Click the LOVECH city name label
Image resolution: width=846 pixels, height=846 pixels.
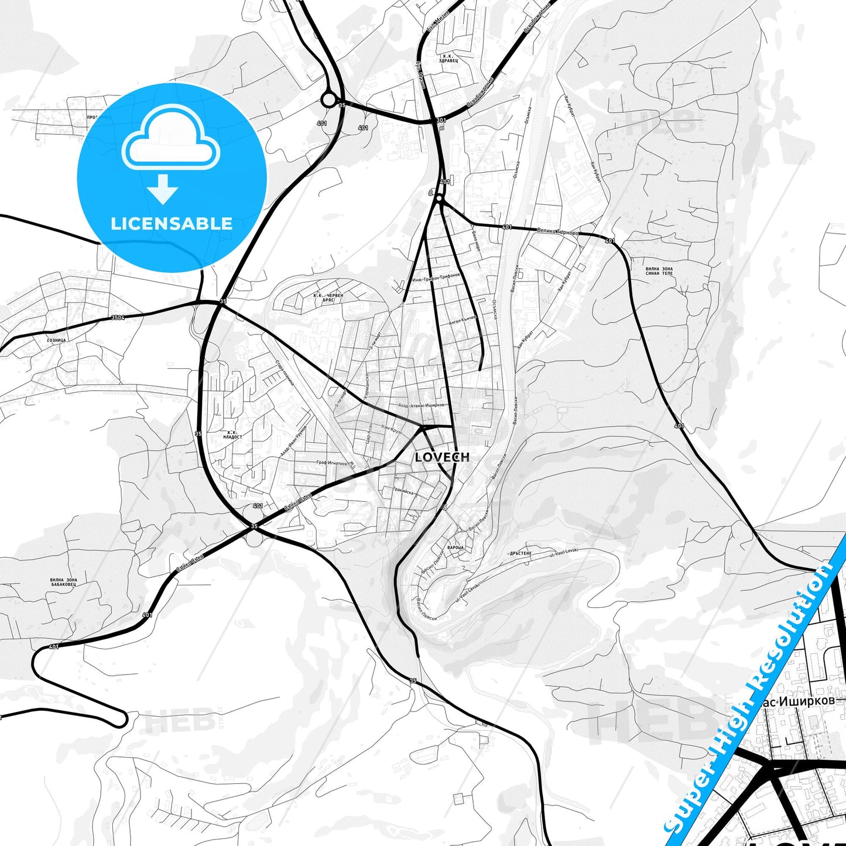pyautogui.click(x=442, y=457)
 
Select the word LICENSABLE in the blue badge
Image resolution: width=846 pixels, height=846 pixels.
pyautogui.click(x=172, y=223)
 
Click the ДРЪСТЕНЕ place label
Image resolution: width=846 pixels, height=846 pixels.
pyautogui.click(x=520, y=553)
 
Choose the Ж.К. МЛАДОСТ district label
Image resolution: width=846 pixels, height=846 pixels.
pyautogui.click(x=232, y=435)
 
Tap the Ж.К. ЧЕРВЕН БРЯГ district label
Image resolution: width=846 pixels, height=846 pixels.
pyautogui.click(x=328, y=297)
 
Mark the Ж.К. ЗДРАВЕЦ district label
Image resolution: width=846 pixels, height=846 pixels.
pyautogui.click(x=449, y=58)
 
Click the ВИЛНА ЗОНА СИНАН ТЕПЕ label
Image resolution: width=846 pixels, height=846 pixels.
pyautogui.click(x=659, y=271)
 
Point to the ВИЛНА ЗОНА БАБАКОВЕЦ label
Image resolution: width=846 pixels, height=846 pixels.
pyautogui.click(x=63, y=582)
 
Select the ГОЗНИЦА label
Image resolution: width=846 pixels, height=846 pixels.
pyautogui.click(x=56, y=340)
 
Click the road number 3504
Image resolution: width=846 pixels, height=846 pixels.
pyautogui.click(x=118, y=318)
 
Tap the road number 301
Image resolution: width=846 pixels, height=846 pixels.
pyautogui.click(x=441, y=121)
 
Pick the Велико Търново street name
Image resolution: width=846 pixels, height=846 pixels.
pyautogui.click(x=558, y=232)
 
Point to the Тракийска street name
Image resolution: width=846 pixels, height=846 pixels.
pyautogui.click(x=403, y=492)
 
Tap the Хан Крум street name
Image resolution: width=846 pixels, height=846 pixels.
pyautogui.click(x=391, y=430)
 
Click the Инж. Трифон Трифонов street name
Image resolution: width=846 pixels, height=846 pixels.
pyautogui.click(x=436, y=277)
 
